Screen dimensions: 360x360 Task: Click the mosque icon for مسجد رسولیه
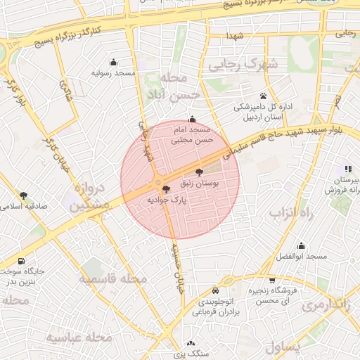(114, 62)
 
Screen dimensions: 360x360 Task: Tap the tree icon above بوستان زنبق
(199, 172)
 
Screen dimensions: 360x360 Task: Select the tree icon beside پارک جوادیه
(166, 189)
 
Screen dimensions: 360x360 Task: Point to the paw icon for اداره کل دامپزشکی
(263, 96)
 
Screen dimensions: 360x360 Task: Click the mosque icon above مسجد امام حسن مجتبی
(193, 119)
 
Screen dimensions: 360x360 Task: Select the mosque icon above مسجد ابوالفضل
(302, 245)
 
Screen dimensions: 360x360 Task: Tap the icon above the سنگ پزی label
(192, 344)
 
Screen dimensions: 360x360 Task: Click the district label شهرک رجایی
(243, 65)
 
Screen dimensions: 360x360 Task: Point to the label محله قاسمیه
(112, 279)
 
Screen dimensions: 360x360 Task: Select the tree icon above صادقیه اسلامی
(24, 195)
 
